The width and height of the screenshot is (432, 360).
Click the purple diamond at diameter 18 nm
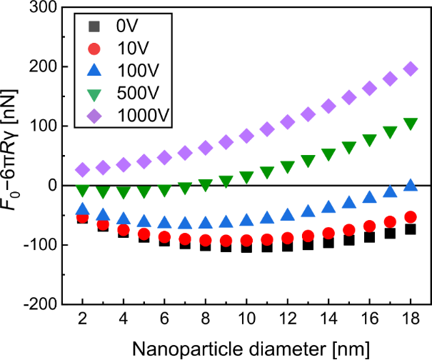click(x=411, y=69)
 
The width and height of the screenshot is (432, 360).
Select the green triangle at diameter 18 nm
click(x=411, y=123)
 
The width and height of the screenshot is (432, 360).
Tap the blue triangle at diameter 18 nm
click(x=411, y=185)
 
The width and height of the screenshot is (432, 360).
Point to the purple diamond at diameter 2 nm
click(x=82, y=169)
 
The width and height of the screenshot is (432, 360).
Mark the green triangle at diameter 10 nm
click(x=246, y=176)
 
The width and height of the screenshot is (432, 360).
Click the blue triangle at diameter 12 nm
click(x=288, y=214)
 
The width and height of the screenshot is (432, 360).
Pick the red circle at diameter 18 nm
click(x=411, y=216)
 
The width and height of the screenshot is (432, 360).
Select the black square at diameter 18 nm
click(x=411, y=229)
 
